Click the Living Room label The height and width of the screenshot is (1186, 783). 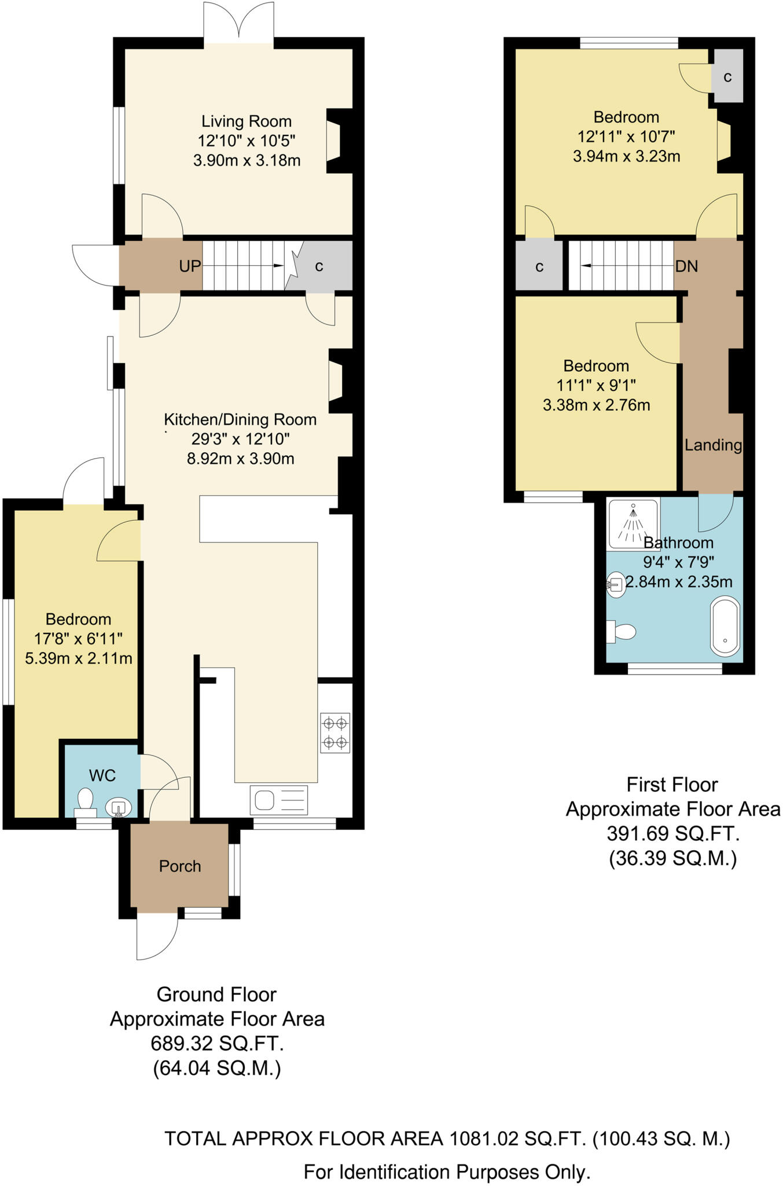tap(246, 122)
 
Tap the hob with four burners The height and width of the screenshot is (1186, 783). tap(335, 732)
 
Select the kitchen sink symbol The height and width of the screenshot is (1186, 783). tap(279, 800)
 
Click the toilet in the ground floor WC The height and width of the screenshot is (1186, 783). tap(86, 801)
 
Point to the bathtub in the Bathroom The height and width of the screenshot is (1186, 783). tap(725, 628)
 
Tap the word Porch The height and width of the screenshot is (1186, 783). tap(180, 866)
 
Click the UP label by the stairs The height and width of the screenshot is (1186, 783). tap(190, 266)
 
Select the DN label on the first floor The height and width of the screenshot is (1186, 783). tap(686, 266)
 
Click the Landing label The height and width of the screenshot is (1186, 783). tap(712, 445)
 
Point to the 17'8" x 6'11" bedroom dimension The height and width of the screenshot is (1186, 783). tap(78, 639)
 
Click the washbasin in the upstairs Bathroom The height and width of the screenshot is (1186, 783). tap(616, 585)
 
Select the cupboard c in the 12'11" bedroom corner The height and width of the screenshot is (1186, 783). tap(727, 76)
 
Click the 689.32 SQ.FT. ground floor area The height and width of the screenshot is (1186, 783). tap(217, 1044)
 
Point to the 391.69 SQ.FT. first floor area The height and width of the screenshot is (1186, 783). tap(672, 833)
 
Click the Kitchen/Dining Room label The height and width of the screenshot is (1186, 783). tap(240, 419)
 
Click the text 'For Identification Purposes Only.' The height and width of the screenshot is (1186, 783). tap(447, 1172)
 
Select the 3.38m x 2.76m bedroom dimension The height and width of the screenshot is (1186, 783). tap(596, 405)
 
